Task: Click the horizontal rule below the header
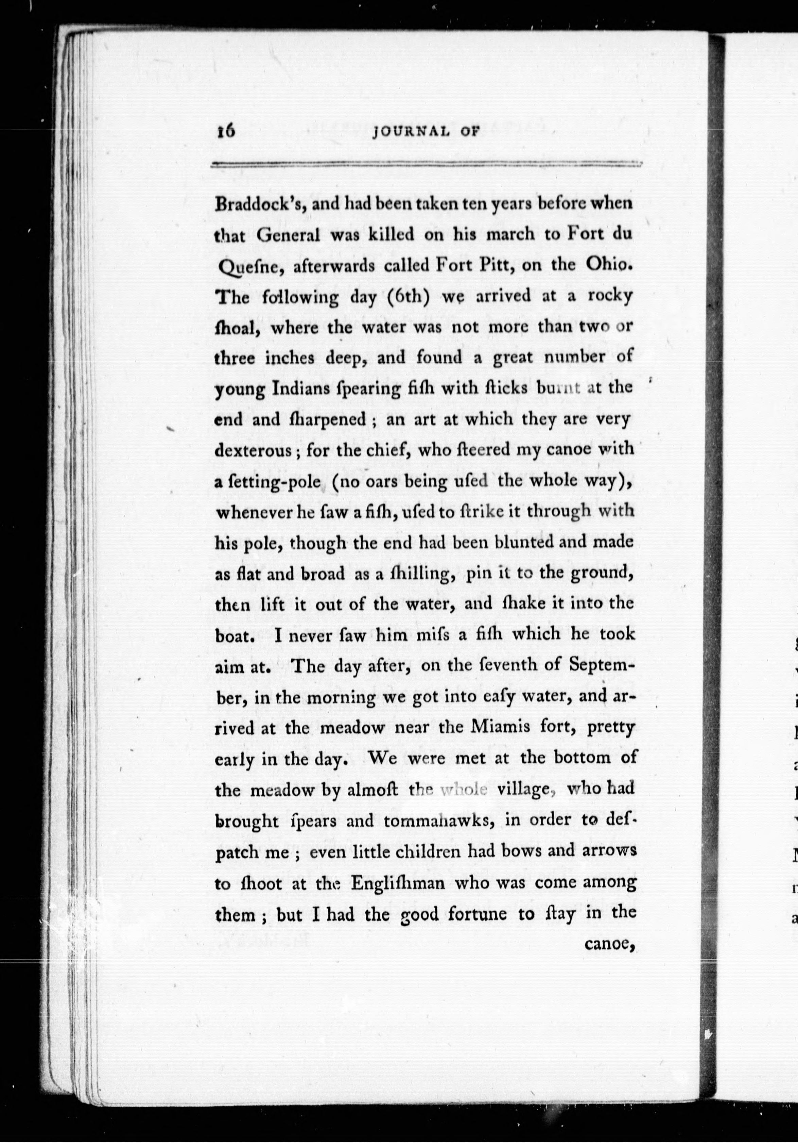click(426, 164)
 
